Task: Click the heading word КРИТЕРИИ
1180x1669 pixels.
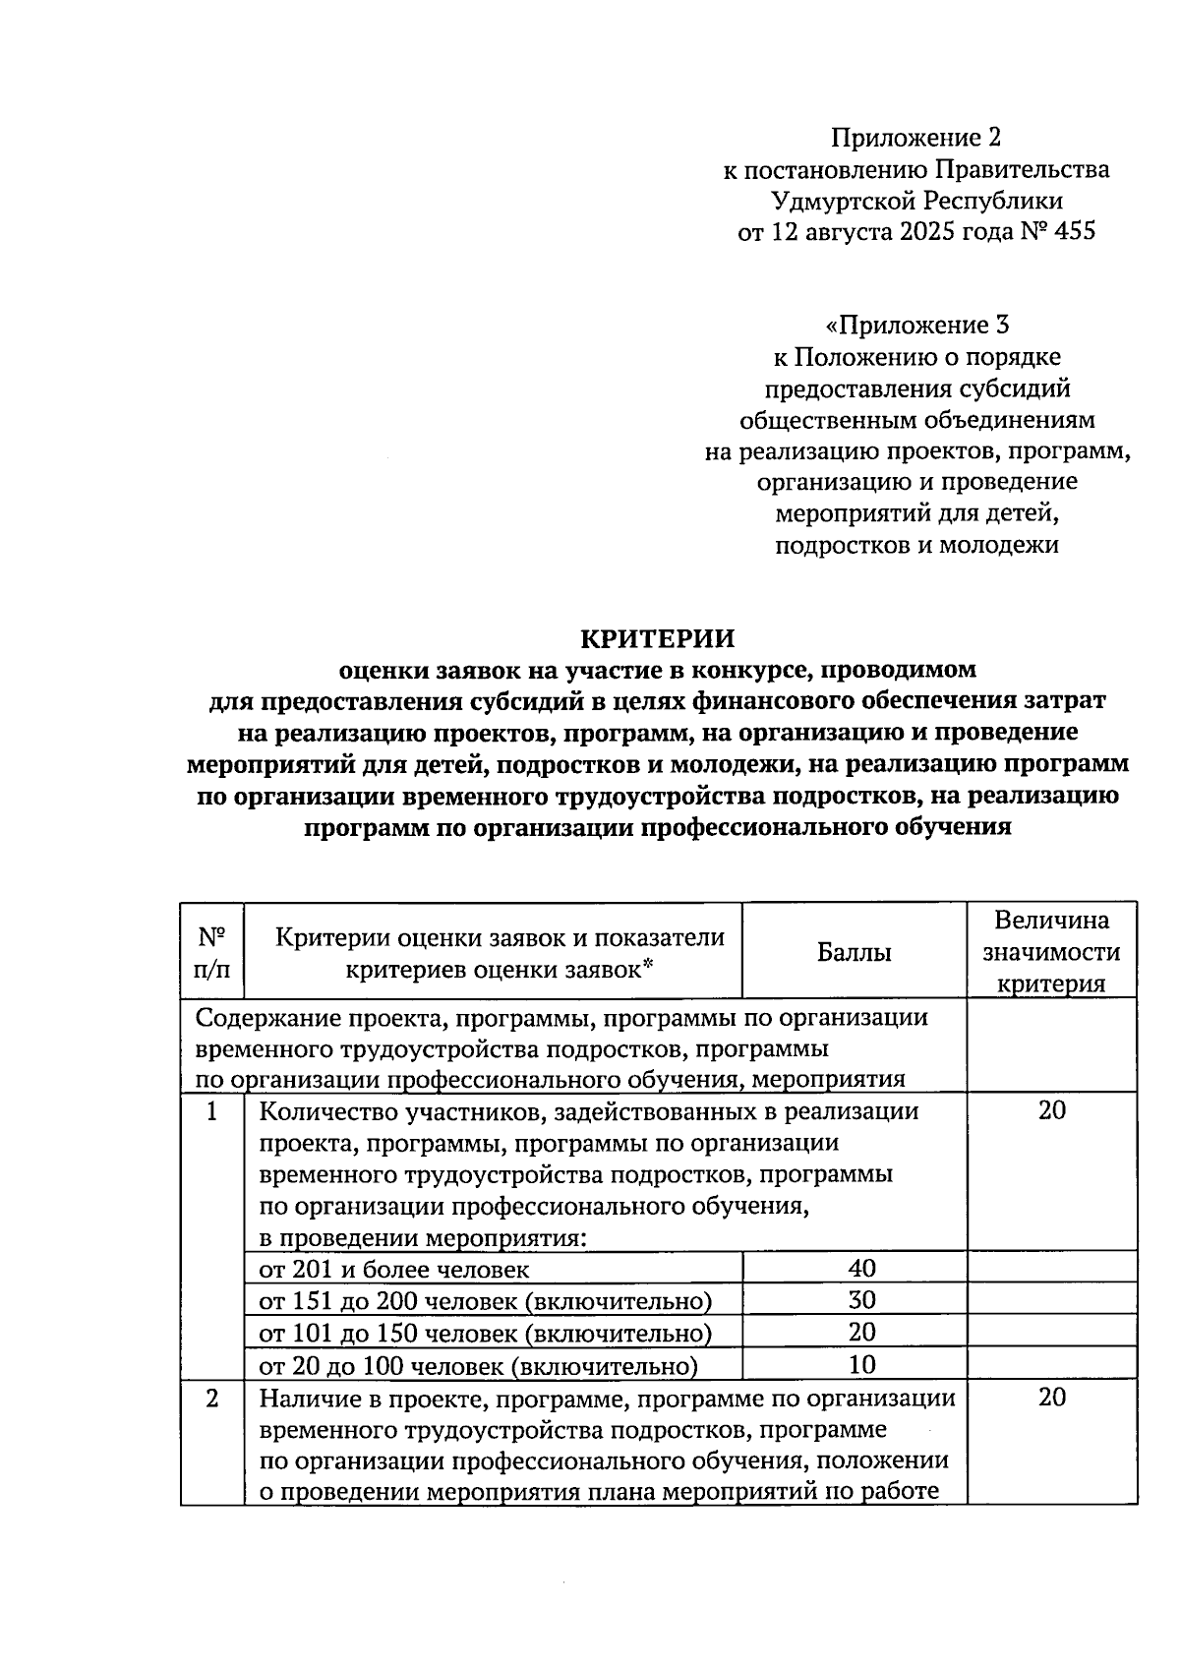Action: [657, 639]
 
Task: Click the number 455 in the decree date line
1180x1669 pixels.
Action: [1073, 232]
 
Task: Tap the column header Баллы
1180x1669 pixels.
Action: [854, 952]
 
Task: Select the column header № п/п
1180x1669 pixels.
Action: [212, 952]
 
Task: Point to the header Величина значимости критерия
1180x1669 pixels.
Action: [1051, 952]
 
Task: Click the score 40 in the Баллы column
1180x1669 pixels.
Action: [861, 1268]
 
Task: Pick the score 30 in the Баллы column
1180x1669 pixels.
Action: [861, 1300]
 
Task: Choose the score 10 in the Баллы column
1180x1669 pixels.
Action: [861, 1364]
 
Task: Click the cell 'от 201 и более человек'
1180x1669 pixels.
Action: [393, 1269]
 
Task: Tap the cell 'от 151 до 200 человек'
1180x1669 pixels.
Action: [485, 1301]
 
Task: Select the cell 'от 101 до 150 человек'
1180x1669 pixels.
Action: [485, 1334]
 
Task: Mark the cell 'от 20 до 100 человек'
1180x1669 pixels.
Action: [478, 1365]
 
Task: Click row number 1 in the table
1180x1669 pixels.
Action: [211, 1111]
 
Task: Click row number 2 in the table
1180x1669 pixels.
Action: [211, 1399]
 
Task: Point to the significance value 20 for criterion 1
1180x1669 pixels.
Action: [1051, 1111]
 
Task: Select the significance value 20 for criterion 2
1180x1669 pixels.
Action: [1051, 1399]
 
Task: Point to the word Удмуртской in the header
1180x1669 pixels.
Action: [844, 201]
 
